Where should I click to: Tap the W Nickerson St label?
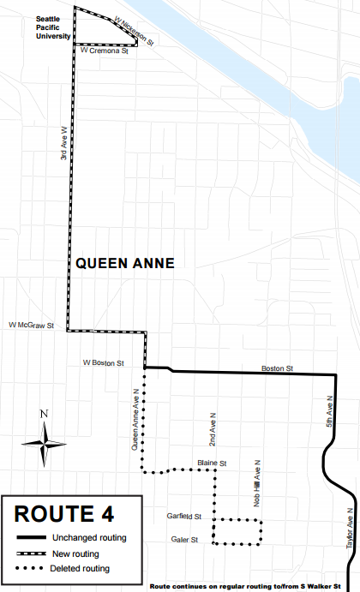[x=126, y=32]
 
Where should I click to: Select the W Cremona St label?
[x=103, y=51]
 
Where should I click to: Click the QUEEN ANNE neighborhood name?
[x=125, y=265]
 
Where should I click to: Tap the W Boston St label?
[x=104, y=362]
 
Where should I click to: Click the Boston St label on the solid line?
[x=278, y=368]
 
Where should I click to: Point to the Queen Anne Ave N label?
[x=135, y=419]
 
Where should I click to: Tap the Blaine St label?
[x=210, y=463]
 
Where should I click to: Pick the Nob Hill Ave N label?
[x=255, y=481]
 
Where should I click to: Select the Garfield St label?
[x=184, y=517]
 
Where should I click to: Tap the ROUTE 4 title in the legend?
[x=64, y=514]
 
